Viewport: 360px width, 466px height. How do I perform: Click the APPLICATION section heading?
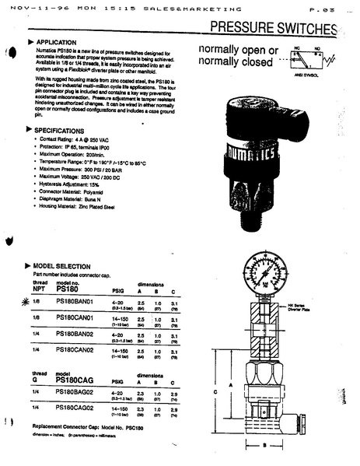coord(55,42)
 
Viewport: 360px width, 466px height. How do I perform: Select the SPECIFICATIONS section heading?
coord(61,131)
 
